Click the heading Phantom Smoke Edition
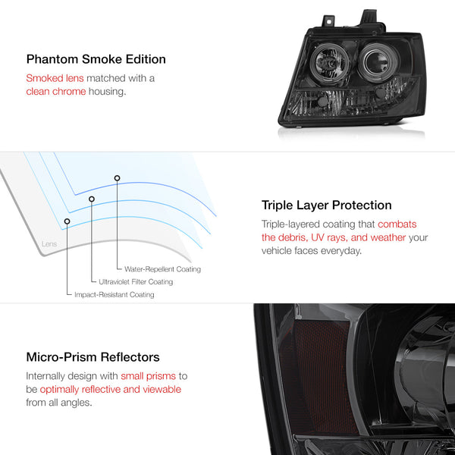(x=96, y=59)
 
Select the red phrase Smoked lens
(x=55, y=78)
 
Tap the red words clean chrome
(x=56, y=92)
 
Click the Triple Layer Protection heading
(x=326, y=206)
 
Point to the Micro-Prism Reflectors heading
(x=93, y=357)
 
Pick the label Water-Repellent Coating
(x=162, y=269)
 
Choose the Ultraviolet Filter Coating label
(x=136, y=282)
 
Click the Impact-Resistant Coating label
(x=115, y=294)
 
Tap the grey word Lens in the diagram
(x=49, y=243)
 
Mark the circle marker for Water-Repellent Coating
(x=117, y=178)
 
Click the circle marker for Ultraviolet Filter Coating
(x=92, y=199)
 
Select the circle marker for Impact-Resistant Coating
(x=67, y=221)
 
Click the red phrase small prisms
(x=149, y=376)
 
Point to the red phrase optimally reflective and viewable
(x=111, y=390)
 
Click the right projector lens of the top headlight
(x=376, y=62)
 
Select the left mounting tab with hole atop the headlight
(x=328, y=21)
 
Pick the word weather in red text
(x=388, y=237)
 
